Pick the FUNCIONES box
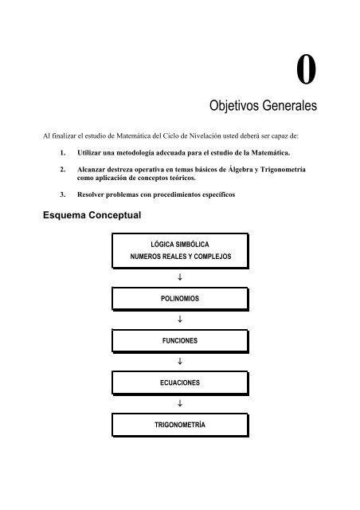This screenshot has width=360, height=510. click(180, 340)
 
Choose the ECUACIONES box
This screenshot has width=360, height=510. click(180, 383)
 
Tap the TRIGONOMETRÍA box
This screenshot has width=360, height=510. click(180, 426)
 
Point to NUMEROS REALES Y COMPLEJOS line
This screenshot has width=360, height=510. click(180, 257)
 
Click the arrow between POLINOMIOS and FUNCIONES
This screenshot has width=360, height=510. click(180, 319)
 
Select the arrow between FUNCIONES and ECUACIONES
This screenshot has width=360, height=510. click(180, 362)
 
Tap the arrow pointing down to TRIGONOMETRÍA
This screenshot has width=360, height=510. click(180, 405)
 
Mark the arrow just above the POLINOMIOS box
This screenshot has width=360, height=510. click(180, 277)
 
